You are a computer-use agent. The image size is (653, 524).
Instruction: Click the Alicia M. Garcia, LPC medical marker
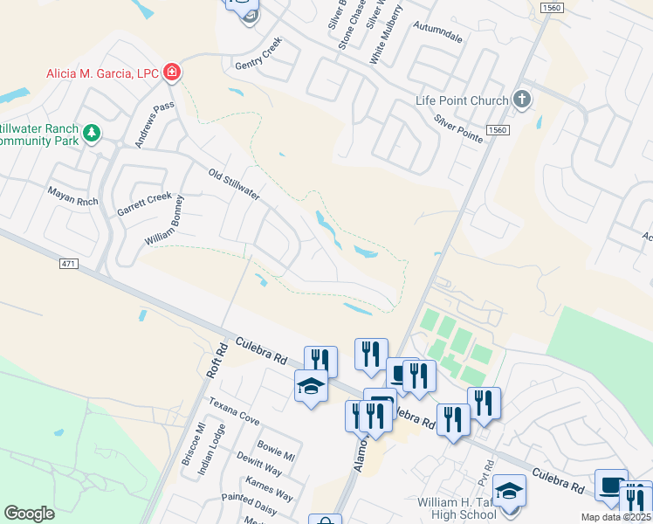(172, 72)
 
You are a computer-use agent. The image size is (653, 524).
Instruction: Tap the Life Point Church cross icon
(522, 99)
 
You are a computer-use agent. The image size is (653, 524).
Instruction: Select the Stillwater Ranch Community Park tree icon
(92, 134)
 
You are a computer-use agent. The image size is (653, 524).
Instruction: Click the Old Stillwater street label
(234, 184)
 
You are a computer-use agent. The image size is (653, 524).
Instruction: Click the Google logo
(29, 514)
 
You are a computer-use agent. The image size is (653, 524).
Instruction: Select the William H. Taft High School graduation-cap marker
(509, 490)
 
